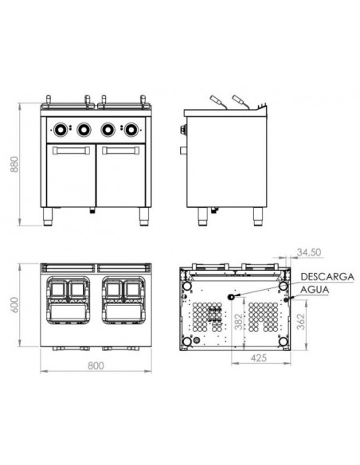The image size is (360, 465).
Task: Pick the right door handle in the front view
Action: point(119,149)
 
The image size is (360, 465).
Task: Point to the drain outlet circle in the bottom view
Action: point(232,296)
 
